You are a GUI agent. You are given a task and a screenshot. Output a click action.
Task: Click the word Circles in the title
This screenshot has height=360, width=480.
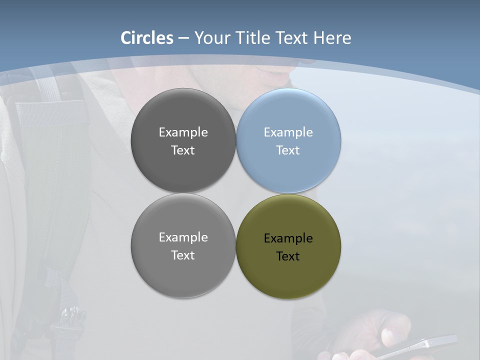tap(147, 38)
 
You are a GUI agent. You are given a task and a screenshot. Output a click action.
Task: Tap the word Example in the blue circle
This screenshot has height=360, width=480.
tap(288, 132)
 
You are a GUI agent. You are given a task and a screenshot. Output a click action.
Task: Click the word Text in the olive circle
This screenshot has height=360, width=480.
tap(288, 256)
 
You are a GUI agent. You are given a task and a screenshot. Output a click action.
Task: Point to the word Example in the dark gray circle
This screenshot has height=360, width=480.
tap(183, 132)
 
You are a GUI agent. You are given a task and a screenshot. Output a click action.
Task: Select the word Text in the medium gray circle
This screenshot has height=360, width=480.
tap(183, 255)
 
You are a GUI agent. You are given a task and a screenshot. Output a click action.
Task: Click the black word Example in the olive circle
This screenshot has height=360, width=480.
tap(288, 238)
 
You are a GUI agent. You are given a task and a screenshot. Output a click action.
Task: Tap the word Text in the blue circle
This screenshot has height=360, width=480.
tap(288, 150)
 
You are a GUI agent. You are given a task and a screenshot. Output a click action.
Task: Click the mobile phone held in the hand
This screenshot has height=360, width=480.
tap(420, 346)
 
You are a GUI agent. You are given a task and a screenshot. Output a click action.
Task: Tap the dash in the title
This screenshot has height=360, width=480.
tap(183, 38)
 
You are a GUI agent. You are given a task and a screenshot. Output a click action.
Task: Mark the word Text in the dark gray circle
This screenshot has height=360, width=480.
tap(183, 150)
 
